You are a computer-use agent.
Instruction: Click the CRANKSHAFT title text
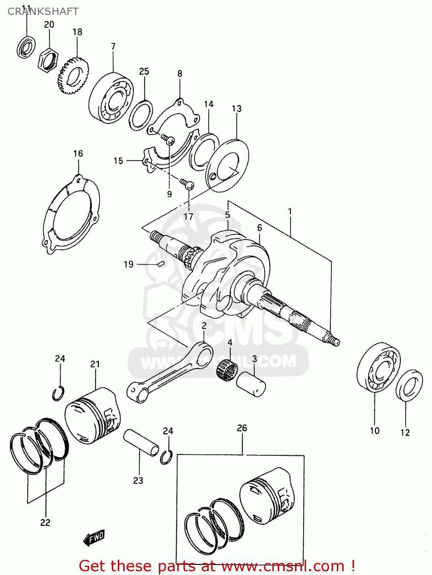[x=43, y=11]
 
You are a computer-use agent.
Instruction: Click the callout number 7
[x=113, y=46]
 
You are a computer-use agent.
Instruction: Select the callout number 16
[x=78, y=154]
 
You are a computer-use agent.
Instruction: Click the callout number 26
[x=242, y=428]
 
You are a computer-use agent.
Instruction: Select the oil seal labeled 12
[x=409, y=385]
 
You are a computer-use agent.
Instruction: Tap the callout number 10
[x=374, y=431]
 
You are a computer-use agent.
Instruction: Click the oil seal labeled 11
[x=26, y=47]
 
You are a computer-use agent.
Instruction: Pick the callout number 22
[x=45, y=522]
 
